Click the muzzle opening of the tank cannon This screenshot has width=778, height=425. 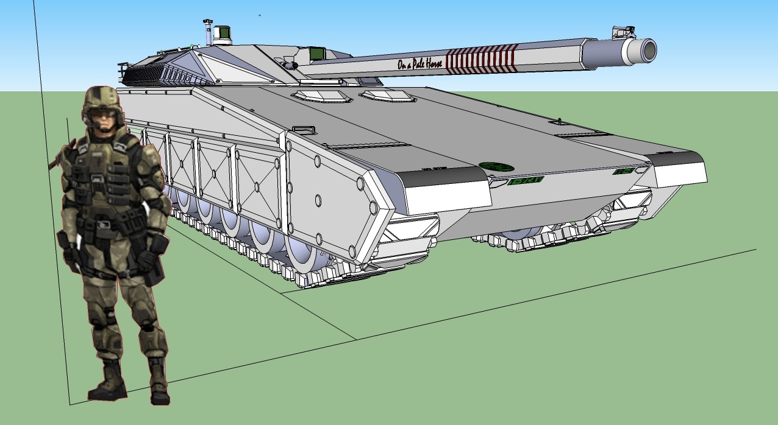(648, 49)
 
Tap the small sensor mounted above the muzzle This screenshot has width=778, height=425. (623, 31)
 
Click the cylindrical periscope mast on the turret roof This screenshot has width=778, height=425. (208, 33)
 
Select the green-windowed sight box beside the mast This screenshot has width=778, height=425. (222, 35)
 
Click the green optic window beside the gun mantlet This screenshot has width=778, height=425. (316, 54)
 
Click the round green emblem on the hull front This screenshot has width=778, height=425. (496, 166)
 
